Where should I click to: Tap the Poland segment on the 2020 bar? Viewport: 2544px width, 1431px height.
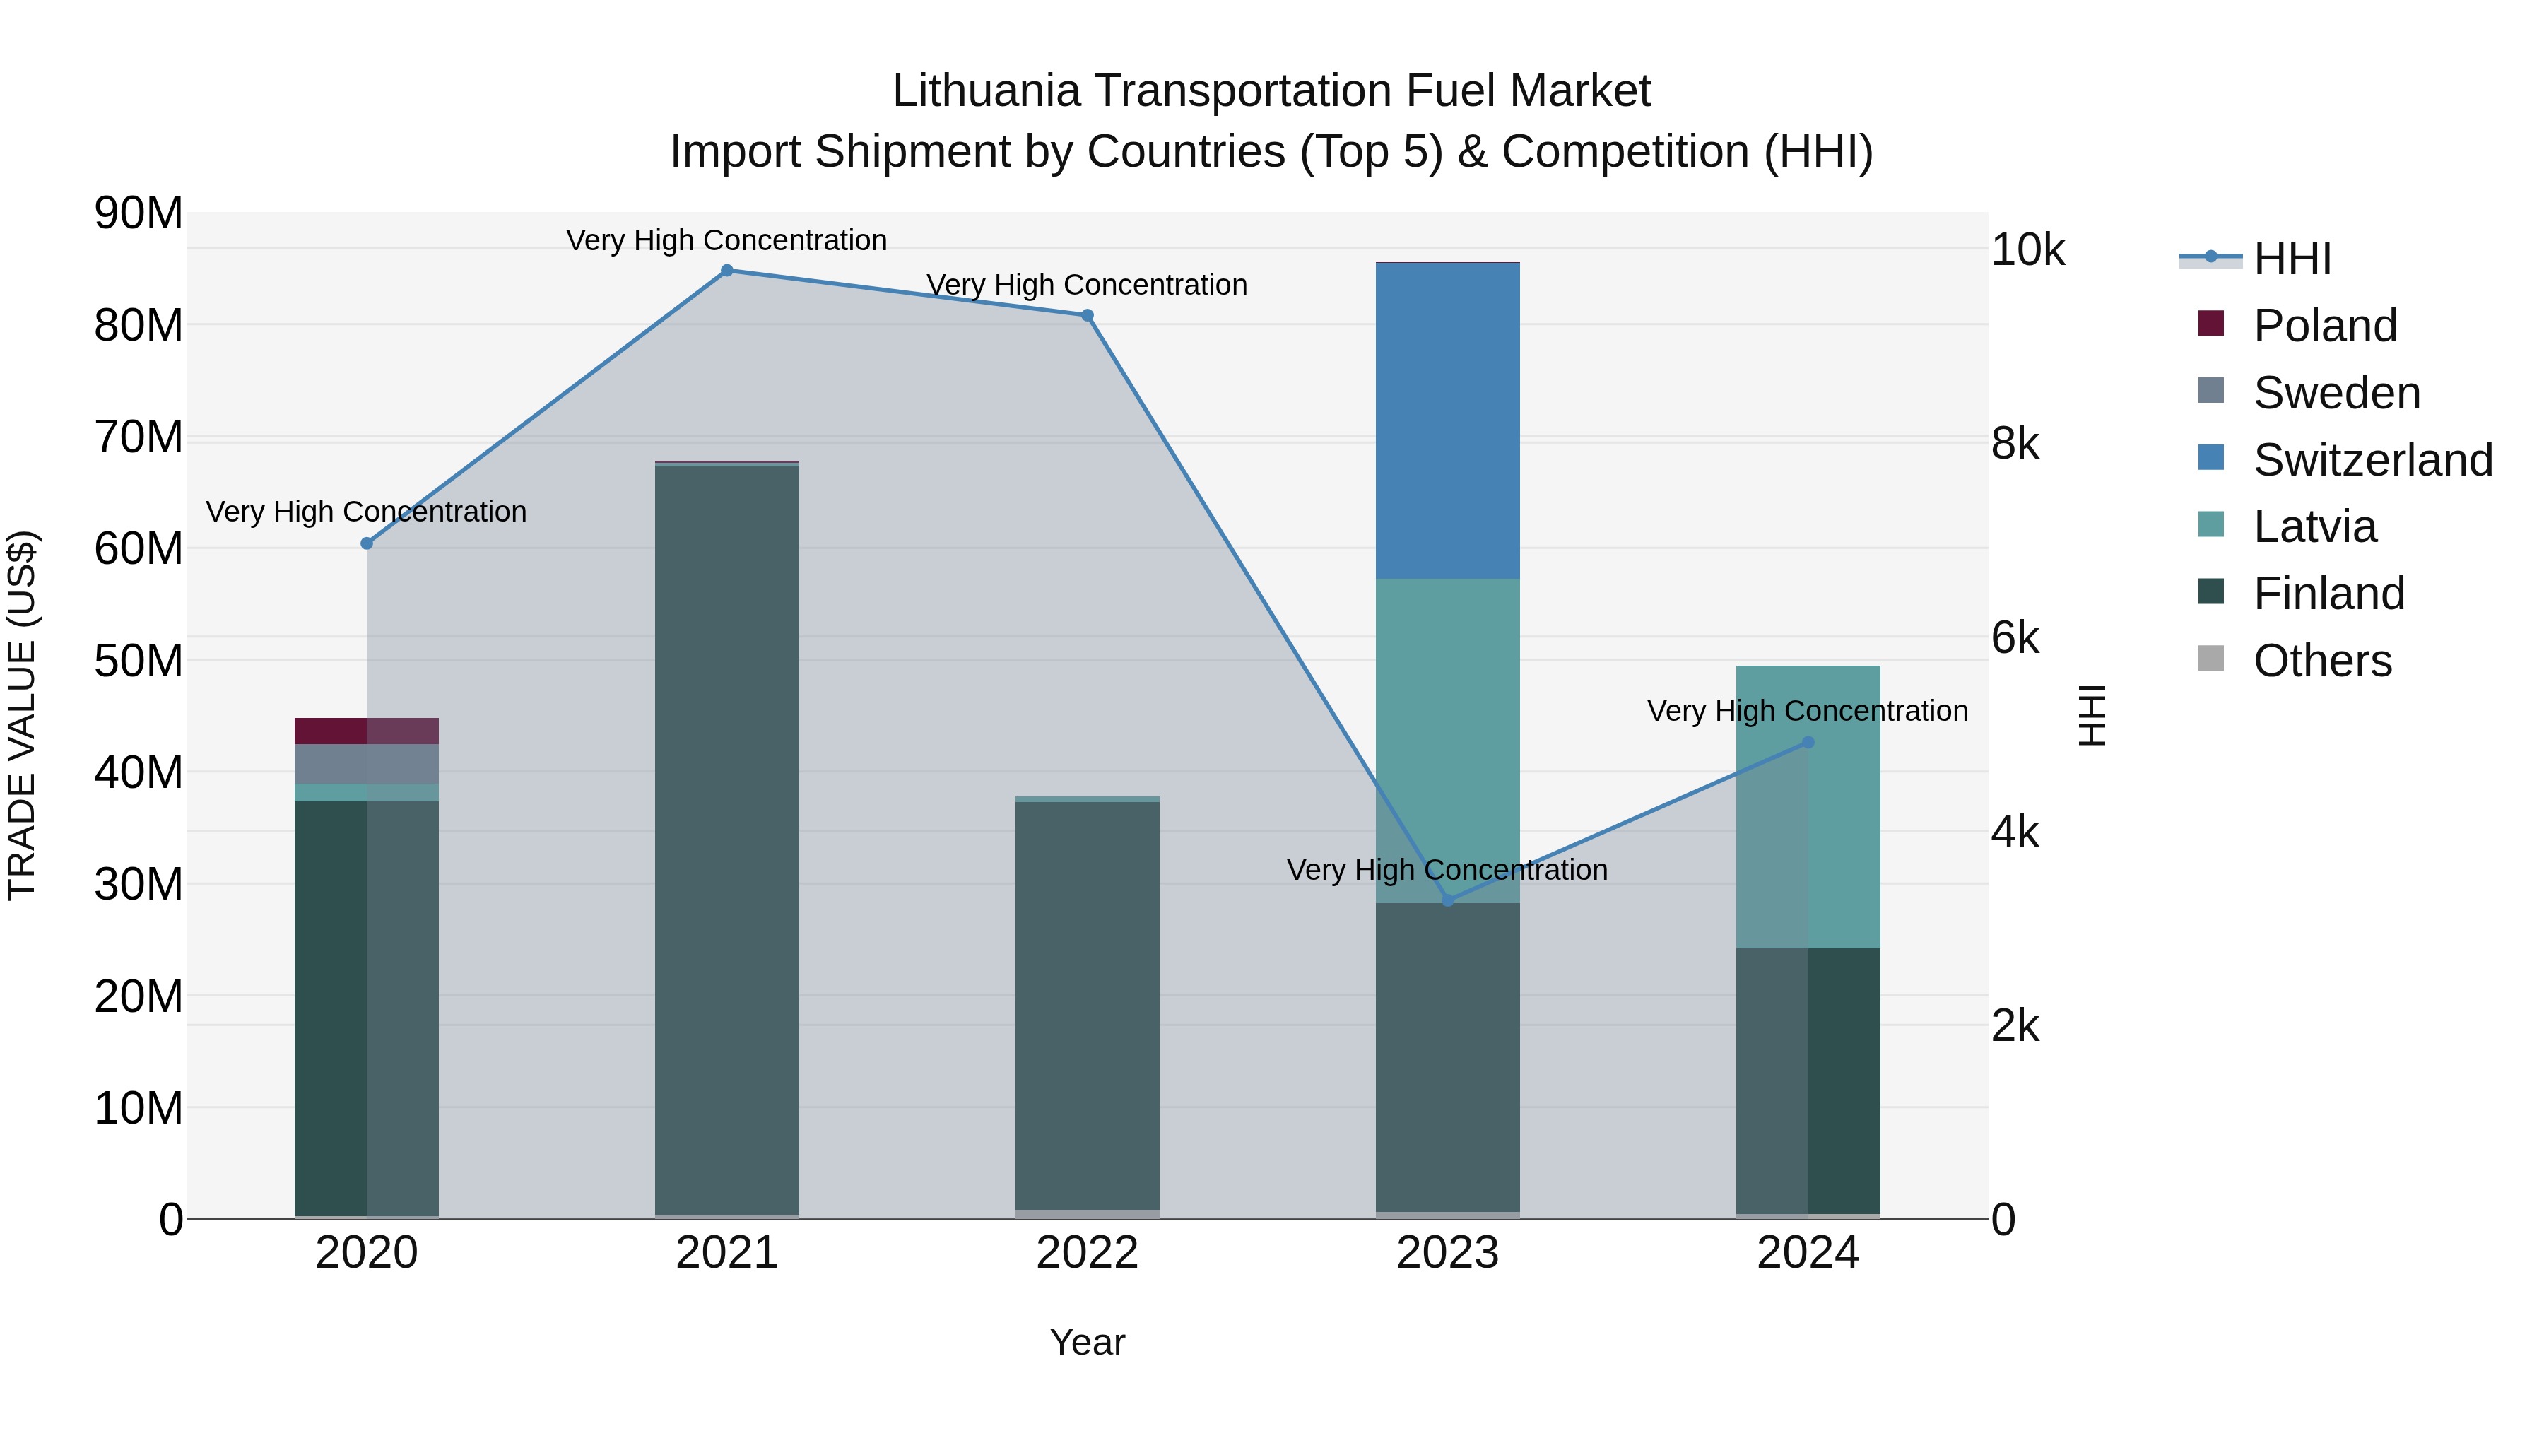pos(366,731)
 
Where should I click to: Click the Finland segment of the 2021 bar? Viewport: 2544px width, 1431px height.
pos(727,840)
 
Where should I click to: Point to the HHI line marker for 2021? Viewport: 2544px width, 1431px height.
pos(727,271)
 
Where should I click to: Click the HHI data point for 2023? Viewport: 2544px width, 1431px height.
pos(1448,901)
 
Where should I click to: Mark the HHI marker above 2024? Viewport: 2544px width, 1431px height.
pos(1808,743)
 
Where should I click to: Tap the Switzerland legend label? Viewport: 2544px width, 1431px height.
pos(2372,460)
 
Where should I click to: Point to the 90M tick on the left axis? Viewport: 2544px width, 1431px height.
pos(139,213)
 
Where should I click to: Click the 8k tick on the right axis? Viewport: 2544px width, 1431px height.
pos(2015,444)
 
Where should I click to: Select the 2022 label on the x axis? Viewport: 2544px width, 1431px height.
pos(1088,1253)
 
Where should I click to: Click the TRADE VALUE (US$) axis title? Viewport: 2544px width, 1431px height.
pos(22,715)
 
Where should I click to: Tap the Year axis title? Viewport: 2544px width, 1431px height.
pos(1088,1342)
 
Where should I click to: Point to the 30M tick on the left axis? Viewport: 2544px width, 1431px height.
pos(139,885)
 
